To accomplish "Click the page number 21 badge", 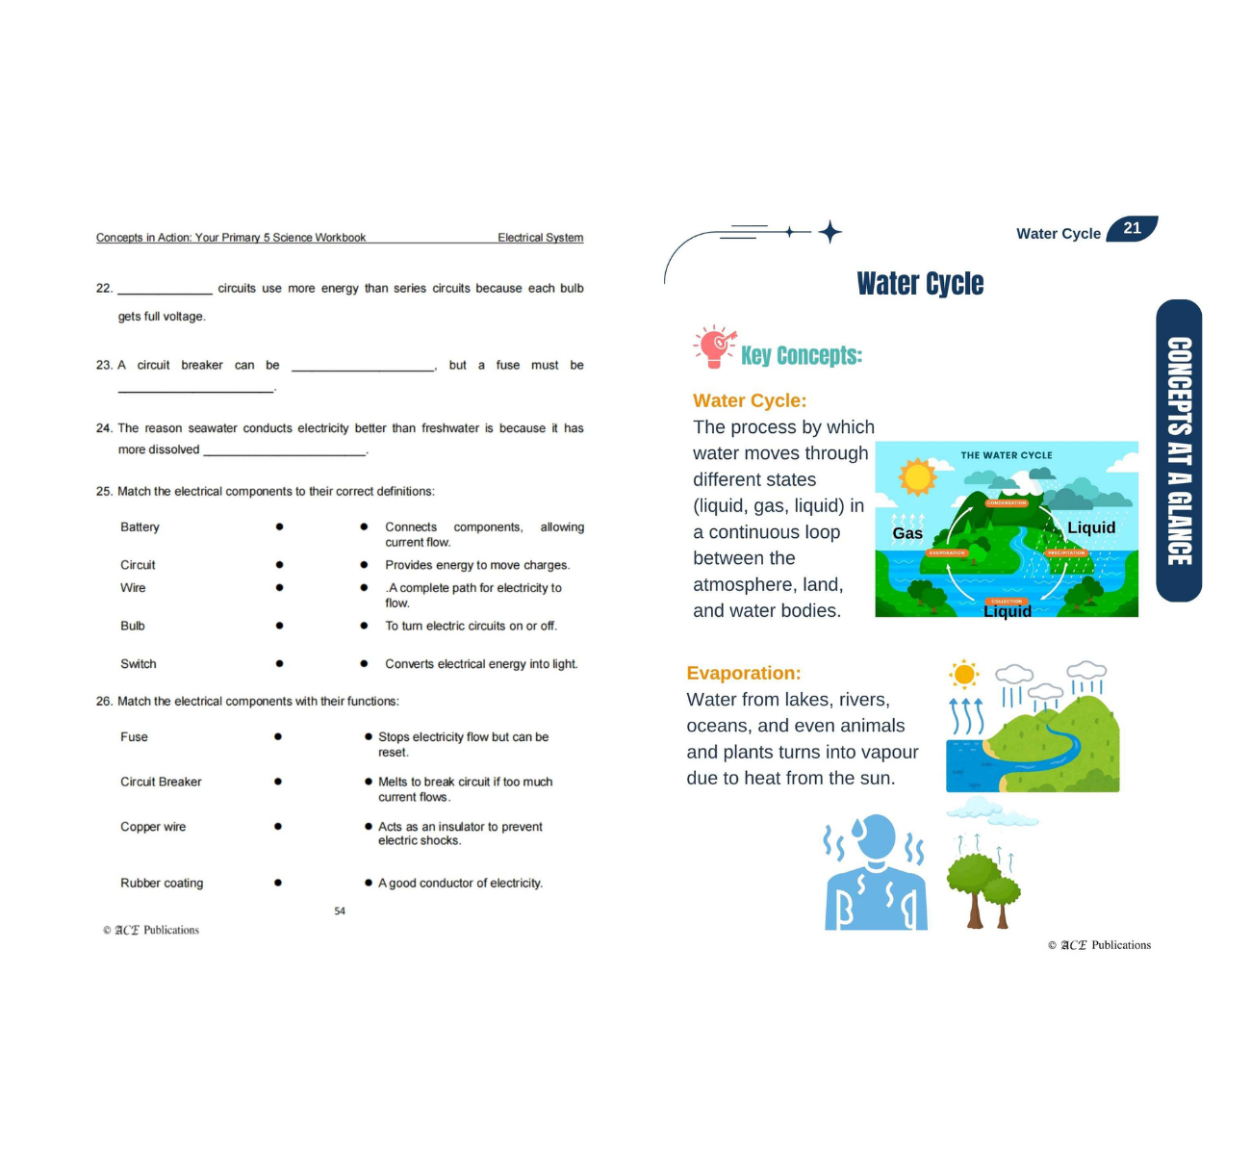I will tap(1132, 229).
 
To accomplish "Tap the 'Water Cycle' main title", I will tap(920, 284).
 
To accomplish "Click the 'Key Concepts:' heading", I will tap(801, 356).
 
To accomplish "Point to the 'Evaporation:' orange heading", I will tap(743, 674).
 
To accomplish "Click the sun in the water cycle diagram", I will tap(917, 475).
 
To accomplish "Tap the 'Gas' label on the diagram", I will tap(907, 533).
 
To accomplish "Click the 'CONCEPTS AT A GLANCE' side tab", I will tap(1179, 450).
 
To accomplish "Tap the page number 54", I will tap(340, 911).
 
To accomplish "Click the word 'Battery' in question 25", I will tap(140, 527).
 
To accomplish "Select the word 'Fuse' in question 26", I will tap(134, 737).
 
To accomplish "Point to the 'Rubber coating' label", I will tap(162, 884).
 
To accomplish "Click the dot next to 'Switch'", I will tap(279, 664).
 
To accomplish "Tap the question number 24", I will tap(104, 428).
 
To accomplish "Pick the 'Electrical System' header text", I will tap(540, 238).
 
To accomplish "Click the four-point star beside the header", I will tap(830, 232).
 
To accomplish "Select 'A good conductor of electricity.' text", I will tap(460, 884).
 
